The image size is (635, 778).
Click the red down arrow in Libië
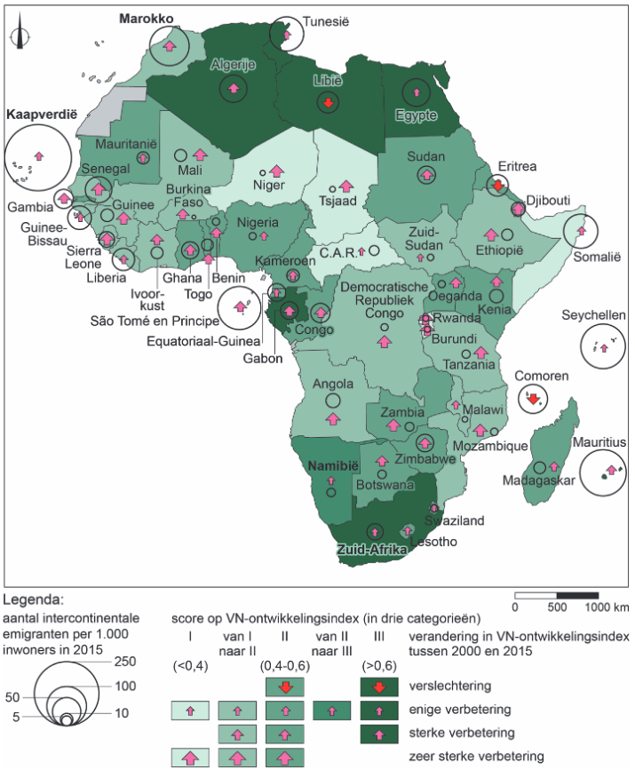327,104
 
